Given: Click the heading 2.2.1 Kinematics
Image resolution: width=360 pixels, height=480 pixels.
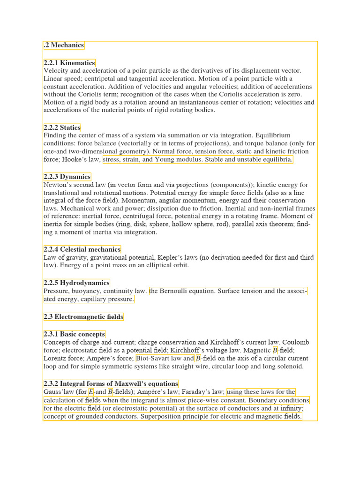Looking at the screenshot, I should point(69,63).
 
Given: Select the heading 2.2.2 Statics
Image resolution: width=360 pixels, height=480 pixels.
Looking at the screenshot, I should point(62,127).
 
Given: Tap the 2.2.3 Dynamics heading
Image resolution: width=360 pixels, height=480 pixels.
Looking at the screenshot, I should point(67,177).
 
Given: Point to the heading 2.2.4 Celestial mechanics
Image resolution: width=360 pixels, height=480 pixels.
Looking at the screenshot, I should point(82,249).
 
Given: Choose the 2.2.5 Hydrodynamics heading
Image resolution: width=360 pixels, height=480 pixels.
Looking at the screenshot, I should point(76,283).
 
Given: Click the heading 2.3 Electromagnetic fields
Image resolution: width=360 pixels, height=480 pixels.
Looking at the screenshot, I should point(83,317).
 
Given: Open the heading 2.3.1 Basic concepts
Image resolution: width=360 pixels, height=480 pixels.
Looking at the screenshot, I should point(74,334).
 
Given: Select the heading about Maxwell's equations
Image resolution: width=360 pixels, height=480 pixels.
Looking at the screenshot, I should point(111,383).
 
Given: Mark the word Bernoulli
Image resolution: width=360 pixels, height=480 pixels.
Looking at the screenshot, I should point(178,291).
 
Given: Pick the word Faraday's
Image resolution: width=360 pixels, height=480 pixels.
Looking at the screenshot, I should point(193,392).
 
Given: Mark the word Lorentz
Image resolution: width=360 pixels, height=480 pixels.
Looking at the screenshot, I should point(55,359).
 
